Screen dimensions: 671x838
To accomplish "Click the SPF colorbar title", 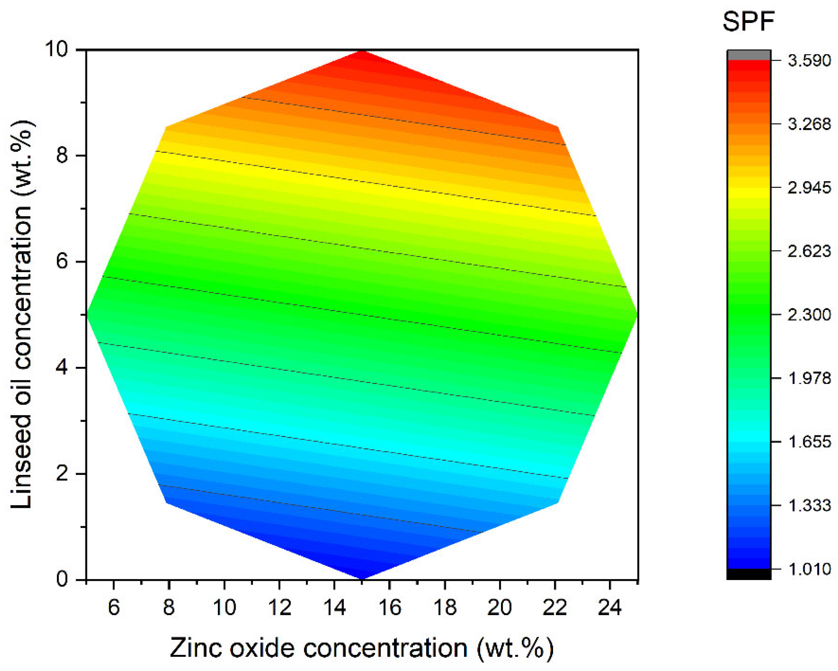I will coord(748,22).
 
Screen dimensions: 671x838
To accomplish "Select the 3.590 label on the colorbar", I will coord(809,60).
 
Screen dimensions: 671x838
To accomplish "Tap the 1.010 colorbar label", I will coord(809,569).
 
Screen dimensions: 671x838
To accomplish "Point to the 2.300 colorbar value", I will coord(809,314).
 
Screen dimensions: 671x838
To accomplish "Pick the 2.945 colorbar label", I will coord(809,187).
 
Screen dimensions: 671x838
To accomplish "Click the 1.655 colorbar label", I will coord(809,442).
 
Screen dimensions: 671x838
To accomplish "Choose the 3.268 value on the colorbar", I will coord(809,124).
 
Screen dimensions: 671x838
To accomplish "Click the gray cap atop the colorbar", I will coord(748,55).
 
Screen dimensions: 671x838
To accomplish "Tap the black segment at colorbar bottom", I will coord(748,574).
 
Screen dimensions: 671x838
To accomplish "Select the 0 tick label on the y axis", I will coord(62,579).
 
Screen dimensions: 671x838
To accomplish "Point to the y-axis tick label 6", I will coord(62,261).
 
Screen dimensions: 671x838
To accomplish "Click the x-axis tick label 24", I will coord(609,607).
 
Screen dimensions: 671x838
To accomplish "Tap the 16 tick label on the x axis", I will coord(389,607).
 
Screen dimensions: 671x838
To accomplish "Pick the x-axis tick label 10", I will coord(224,607).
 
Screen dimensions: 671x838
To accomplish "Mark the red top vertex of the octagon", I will coord(362,52).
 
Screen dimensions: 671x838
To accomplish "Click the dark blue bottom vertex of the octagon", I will coord(362,577).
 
